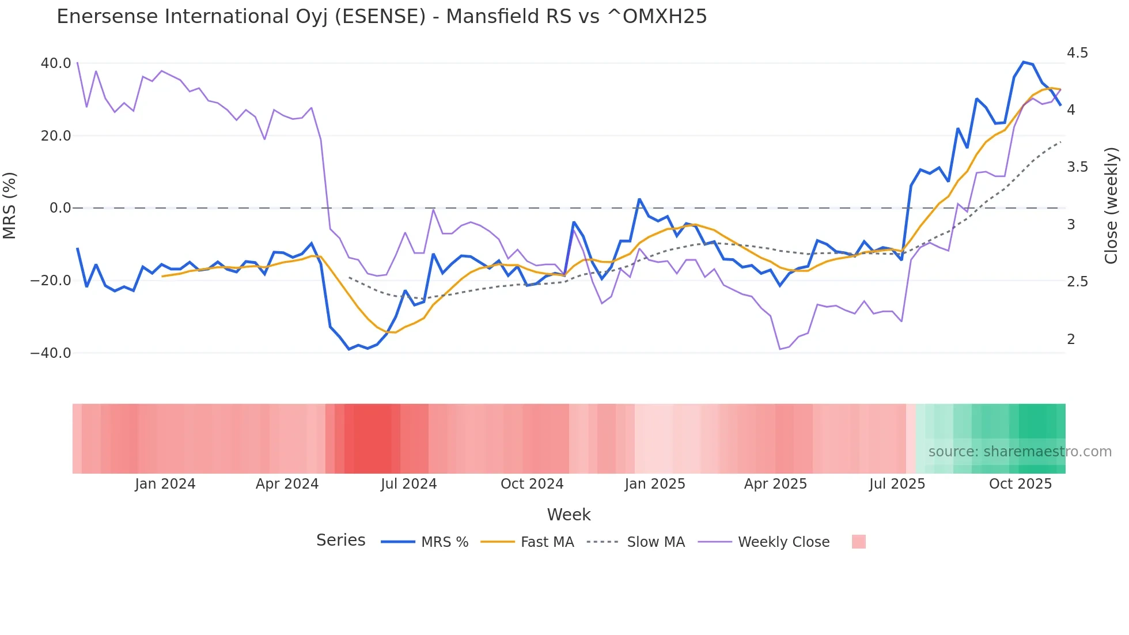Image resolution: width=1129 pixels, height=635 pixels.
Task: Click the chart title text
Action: [381, 17]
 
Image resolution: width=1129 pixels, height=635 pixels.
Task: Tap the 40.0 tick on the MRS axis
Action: [56, 63]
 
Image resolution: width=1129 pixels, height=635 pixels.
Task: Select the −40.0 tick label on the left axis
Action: [51, 353]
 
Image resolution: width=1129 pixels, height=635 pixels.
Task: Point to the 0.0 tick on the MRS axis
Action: [60, 208]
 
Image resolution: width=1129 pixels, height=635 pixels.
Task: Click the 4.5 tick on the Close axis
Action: [1077, 53]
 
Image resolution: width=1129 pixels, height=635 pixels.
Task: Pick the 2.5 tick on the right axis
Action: [1077, 282]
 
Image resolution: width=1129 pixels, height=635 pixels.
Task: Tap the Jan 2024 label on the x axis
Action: [165, 484]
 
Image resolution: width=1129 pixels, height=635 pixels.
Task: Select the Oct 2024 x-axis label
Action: [532, 484]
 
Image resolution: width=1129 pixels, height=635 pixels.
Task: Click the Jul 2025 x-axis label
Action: [897, 484]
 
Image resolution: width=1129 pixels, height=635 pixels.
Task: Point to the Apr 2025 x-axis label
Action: [775, 484]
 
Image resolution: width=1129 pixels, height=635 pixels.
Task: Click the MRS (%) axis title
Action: [10, 206]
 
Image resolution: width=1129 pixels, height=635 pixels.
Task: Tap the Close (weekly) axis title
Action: [1111, 206]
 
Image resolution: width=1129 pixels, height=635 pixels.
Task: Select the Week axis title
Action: [569, 515]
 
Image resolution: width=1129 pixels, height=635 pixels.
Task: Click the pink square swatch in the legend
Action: [858, 542]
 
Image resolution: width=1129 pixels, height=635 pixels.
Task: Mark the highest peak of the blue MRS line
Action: [1024, 62]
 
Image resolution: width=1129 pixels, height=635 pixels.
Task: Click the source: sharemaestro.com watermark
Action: [1020, 452]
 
